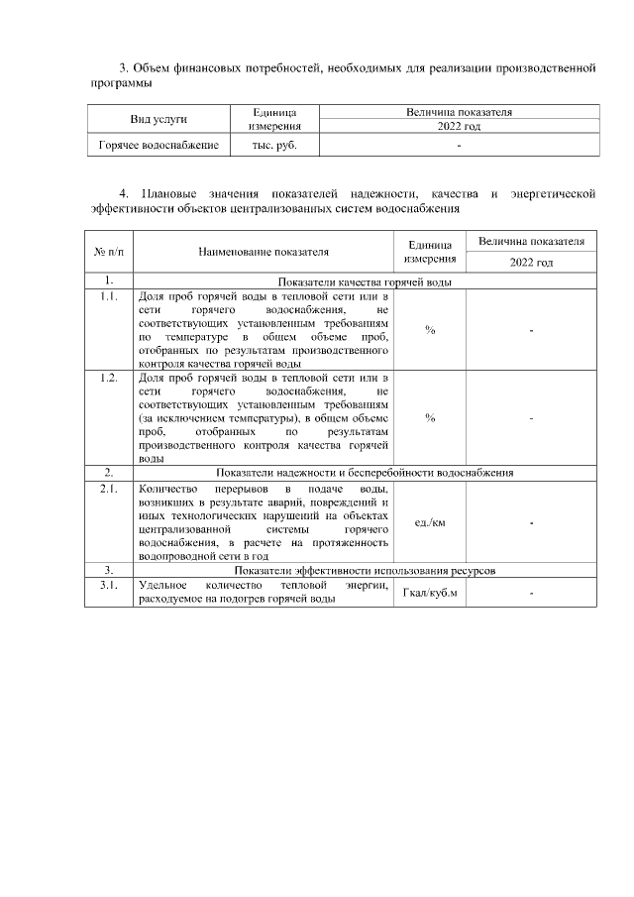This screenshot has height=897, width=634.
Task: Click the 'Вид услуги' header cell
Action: tap(158, 119)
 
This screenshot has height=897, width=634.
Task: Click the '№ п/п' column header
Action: tap(109, 253)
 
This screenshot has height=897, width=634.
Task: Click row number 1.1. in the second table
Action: tap(109, 296)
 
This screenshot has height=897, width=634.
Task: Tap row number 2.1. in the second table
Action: tap(109, 490)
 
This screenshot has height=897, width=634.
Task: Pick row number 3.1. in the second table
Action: tap(109, 586)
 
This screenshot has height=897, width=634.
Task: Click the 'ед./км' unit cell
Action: tap(430, 523)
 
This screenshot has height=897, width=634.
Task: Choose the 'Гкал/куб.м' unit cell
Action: tap(430, 594)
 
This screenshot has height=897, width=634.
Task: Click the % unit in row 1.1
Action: tap(430, 330)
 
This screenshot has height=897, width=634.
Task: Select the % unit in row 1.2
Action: tap(430, 418)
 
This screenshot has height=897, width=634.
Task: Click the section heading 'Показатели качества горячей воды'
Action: tap(366, 281)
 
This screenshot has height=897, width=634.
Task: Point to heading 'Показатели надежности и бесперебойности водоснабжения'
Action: tap(366, 473)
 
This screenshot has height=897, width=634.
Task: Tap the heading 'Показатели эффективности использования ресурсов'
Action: tap(366, 571)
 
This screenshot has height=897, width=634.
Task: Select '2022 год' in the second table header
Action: tap(531, 263)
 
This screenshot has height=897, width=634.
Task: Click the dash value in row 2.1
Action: tap(532, 523)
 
